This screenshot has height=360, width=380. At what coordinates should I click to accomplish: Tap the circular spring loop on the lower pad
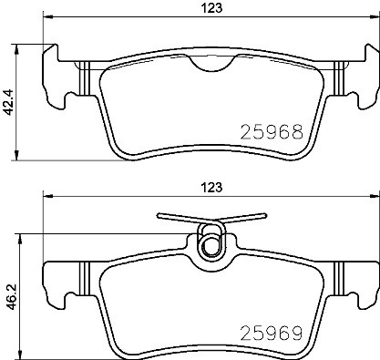point(211,243)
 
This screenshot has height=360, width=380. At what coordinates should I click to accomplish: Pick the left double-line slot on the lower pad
point(83,279)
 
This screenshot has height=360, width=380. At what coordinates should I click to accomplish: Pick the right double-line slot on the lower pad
point(337,279)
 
